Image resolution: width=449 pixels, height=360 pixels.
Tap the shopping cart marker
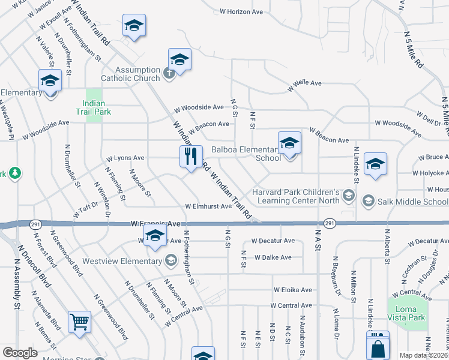(79, 322)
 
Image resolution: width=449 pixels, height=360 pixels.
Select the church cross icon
(169, 73)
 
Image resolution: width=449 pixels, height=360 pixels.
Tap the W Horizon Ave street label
(241, 11)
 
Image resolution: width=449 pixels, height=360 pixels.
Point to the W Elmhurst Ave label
(208, 206)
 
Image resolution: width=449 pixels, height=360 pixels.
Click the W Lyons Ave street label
(125, 158)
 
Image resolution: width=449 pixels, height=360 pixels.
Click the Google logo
(20, 353)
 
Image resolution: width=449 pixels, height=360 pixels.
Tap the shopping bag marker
(378, 347)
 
